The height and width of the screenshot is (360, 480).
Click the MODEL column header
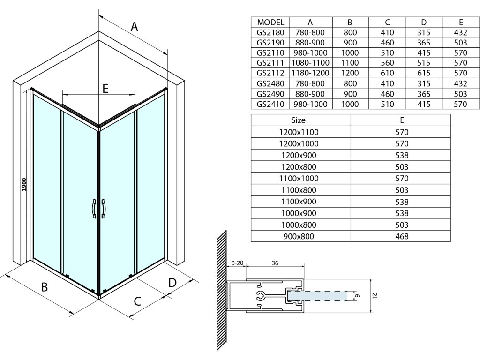270,22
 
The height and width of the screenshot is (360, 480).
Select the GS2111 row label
270,63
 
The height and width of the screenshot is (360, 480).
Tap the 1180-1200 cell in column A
310,73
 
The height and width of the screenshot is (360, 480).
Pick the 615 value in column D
424,73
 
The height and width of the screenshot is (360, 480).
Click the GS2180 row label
270,32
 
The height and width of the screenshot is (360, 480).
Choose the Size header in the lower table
298,120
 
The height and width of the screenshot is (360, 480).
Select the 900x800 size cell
298,236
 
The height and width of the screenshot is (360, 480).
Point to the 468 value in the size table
402,236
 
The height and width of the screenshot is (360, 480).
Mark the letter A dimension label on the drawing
135,27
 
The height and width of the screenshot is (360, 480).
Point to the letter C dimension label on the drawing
137,301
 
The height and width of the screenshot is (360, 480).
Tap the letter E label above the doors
105,88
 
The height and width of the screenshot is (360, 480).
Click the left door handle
94,209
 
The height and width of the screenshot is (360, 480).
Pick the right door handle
104,209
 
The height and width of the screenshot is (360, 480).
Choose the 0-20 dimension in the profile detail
237,263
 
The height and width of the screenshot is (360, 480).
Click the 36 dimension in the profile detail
275,263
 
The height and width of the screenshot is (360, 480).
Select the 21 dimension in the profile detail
375,296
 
